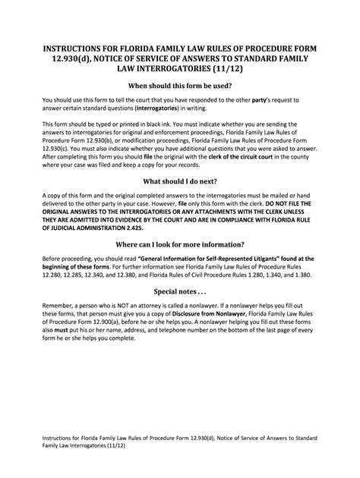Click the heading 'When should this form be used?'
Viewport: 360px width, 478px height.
tap(179, 86)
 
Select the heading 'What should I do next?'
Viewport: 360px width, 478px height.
tap(179, 181)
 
